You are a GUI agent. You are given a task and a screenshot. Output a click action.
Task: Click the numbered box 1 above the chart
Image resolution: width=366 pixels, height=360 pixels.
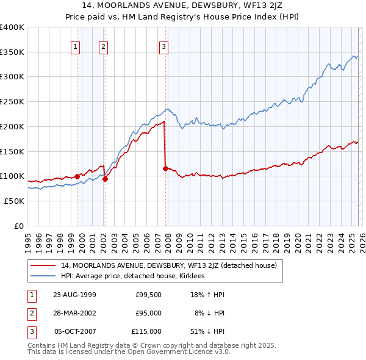click(76, 46)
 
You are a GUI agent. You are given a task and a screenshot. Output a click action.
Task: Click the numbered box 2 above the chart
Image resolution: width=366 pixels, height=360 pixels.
click(104, 46)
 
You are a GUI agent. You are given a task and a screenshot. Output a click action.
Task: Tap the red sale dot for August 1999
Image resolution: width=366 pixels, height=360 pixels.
click(77, 176)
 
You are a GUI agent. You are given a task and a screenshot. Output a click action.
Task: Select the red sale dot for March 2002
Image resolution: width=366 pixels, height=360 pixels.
click(105, 179)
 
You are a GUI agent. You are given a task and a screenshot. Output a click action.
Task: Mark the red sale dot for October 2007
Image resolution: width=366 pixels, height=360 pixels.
click(165, 168)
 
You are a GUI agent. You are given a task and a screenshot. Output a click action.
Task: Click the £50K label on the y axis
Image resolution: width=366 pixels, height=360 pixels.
click(13, 201)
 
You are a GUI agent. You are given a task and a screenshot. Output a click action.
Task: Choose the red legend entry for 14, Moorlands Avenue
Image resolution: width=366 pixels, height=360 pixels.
click(169, 265)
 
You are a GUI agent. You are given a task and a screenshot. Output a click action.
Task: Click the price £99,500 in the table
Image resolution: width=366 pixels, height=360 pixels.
click(148, 294)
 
